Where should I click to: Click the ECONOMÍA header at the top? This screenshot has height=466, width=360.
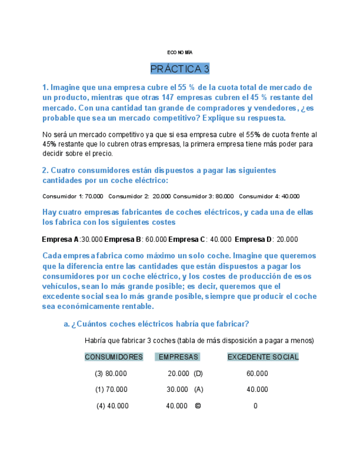[180, 52]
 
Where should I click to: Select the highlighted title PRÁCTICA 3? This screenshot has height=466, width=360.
[180, 69]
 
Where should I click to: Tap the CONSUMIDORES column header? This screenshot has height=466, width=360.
[114, 357]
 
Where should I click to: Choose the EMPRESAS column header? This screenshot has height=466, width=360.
[178, 357]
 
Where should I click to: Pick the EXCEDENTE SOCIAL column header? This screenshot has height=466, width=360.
[263, 357]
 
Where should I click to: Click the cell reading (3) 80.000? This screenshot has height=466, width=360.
[110, 374]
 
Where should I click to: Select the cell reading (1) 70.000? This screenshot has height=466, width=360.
[110, 390]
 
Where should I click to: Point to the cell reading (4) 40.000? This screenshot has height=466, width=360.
[112, 406]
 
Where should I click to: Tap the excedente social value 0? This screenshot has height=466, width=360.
[256, 406]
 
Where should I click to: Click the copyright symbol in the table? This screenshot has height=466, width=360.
[198, 406]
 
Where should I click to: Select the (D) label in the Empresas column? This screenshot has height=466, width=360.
[198, 374]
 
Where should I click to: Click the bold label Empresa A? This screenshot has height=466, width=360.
[60, 240]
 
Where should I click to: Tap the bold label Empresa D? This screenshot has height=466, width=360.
[253, 240]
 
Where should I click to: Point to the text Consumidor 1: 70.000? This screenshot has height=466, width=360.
[73, 196]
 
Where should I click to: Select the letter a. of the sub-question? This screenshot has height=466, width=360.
[67, 324]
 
